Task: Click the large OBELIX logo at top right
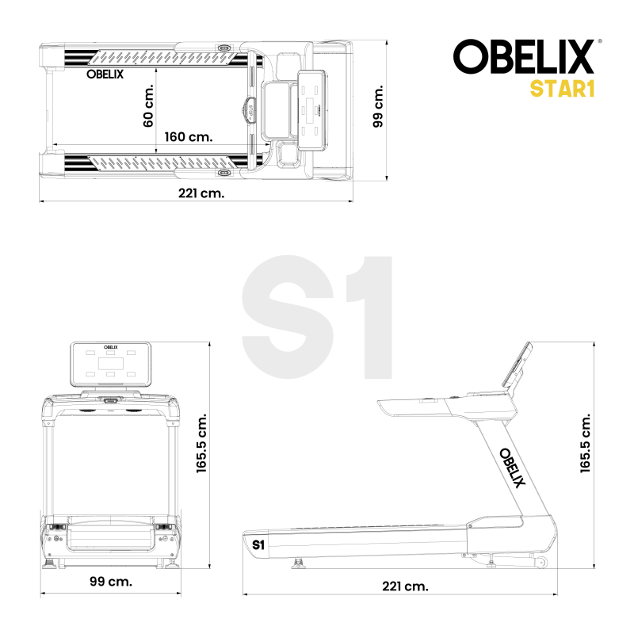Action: [524, 57]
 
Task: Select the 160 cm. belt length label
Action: [189, 136]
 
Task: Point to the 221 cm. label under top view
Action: [200, 193]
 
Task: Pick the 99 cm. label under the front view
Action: [110, 582]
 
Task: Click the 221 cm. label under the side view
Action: [404, 586]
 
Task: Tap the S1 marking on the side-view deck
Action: [258, 545]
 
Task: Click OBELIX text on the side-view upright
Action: [512, 468]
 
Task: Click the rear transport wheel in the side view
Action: [542, 563]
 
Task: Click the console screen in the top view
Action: [312, 109]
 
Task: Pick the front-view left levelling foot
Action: [53, 563]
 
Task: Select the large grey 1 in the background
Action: [369, 317]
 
